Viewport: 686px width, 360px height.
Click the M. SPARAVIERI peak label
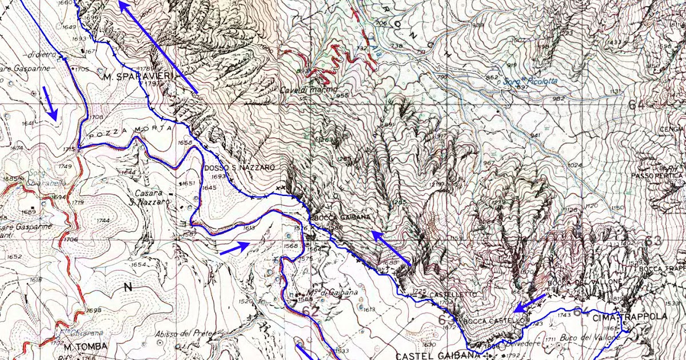point(130,76)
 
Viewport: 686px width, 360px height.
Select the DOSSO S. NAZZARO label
point(239,167)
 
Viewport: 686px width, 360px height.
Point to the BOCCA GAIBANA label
point(337,218)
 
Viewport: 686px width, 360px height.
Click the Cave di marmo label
point(306,90)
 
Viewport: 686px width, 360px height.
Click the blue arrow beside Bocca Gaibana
point(390,248)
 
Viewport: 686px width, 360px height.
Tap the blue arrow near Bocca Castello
point(529,303)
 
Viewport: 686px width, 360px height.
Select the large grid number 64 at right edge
point(636,105)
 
